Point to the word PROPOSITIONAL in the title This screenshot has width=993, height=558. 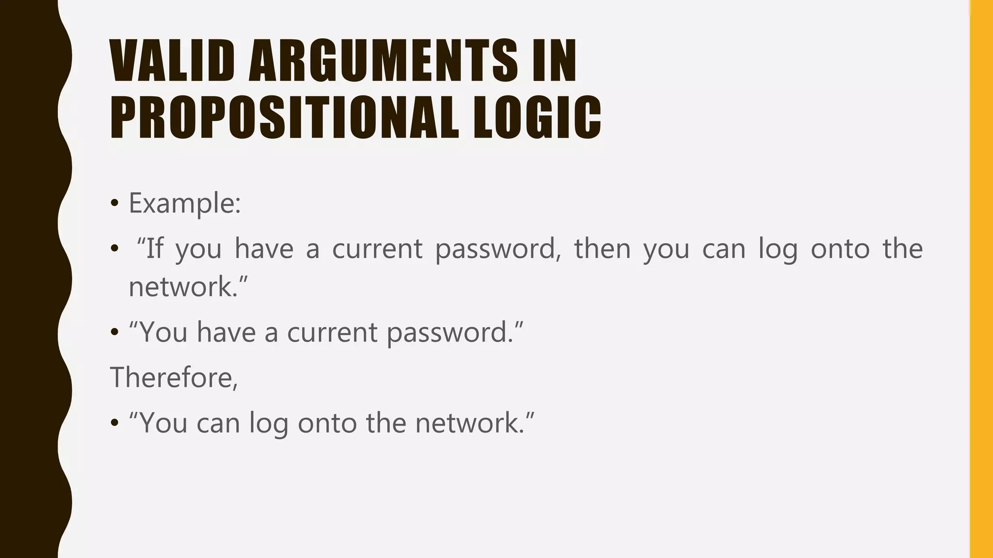pyautogui.click(x=284, y=117)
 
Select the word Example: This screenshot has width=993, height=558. pyautogui.click(x=185, y=203)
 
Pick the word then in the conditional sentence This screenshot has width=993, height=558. pyautogui.click(x=602, y=248)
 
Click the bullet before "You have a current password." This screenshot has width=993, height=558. pyautogui.click(x=114, y=333)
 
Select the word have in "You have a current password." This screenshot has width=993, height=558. pyautogui.click(x=226, y=333)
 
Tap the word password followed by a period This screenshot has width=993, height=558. pyautogui.click(x=448, y=334)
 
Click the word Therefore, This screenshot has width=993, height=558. pyautogui.click(x=174, y=377)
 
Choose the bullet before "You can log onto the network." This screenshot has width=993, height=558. pyautogui.click(x=114, y=423)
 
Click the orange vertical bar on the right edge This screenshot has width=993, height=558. pyautogui.click(x=981, y=279)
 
